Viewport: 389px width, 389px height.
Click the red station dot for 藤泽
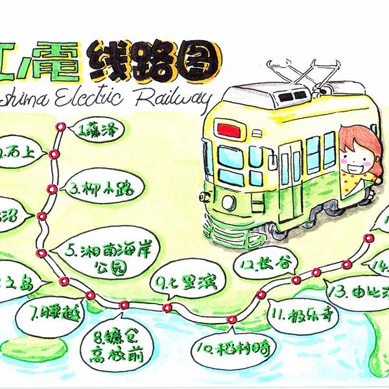point(61,127)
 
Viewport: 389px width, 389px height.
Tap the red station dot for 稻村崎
point(231,320)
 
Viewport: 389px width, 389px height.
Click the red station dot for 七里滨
point(167,307)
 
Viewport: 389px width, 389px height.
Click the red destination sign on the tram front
point(228,130)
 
